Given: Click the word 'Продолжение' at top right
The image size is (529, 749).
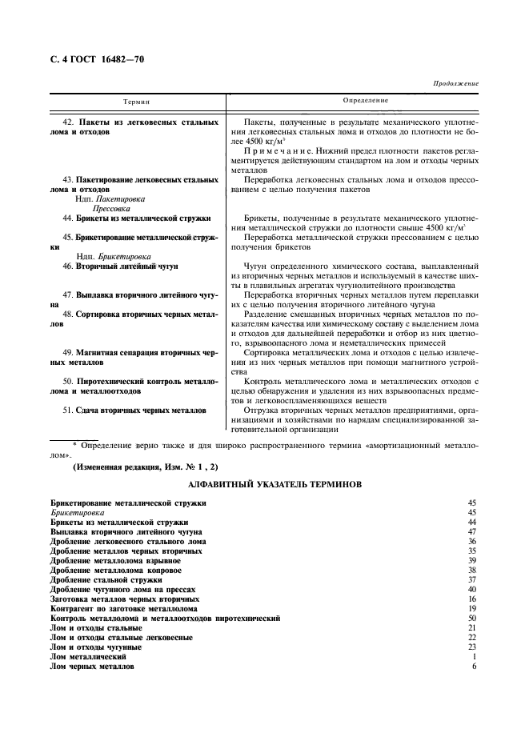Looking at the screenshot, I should (x=455, y=82).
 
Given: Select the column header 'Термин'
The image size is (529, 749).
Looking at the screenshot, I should (x=136, y=102).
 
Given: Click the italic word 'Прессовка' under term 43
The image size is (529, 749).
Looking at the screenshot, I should (x=113, y=206).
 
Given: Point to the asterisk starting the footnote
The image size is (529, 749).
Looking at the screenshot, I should (x=74, y=443).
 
